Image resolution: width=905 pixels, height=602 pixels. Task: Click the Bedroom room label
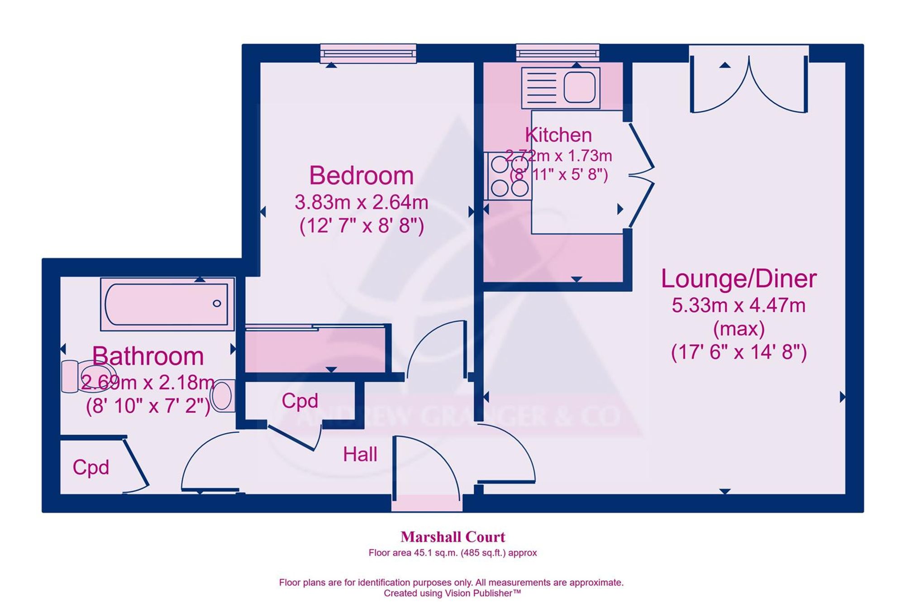[x=361, y=176]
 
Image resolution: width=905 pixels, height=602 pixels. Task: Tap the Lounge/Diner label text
[x=738, y=279]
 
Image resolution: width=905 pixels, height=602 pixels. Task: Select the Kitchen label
[x=558, y=135]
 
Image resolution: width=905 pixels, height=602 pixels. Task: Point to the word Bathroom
[x=148, y=356]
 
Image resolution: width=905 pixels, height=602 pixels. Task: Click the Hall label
[x=360, y=454]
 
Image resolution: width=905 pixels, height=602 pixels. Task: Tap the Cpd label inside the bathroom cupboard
[x=91, y=468]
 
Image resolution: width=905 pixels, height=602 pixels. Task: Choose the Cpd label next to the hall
[x=300, y=401]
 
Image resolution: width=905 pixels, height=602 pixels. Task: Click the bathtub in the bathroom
[x=167, y=304]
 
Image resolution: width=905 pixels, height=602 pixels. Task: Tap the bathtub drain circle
[x=217, y=303]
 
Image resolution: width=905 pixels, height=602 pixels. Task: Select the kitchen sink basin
[x=579, y=86]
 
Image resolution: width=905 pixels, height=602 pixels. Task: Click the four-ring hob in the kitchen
[x=508, y=176]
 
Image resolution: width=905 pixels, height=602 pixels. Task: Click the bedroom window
[x=368, y=53]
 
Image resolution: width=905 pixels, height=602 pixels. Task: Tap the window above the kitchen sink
[x=557, y=53]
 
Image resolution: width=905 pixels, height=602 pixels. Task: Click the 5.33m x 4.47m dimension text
[x=738, y=306]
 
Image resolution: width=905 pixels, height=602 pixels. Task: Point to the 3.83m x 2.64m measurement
[x=361, y=202]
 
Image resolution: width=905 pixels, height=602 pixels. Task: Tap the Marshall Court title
[x=452, y=537]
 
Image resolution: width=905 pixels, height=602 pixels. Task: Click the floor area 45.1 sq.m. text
[x=452, y=553]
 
